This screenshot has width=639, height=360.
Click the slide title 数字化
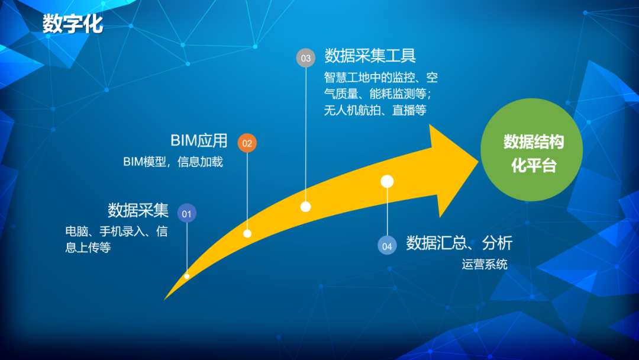73,23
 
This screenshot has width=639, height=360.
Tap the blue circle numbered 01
186,213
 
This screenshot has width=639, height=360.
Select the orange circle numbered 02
247,143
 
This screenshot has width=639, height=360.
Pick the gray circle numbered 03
306,58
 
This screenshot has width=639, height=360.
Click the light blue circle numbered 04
387,246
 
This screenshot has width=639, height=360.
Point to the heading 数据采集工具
370,56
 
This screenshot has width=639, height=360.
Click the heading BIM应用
199,141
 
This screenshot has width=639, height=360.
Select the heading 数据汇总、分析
459,243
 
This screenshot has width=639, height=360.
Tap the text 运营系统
485,265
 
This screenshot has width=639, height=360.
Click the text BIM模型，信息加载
173,162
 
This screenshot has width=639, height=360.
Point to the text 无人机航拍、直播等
375,110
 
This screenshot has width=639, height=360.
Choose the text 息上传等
88,247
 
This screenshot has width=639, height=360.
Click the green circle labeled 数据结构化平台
531,150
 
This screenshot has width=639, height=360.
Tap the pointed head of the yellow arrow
478,162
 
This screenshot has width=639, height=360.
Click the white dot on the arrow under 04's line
387,181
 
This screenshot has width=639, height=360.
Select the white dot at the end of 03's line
306,207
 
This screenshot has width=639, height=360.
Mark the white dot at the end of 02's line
247,234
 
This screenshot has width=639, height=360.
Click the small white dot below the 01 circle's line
186,276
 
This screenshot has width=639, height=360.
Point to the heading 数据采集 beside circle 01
138,210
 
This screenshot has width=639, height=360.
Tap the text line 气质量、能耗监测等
377,94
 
